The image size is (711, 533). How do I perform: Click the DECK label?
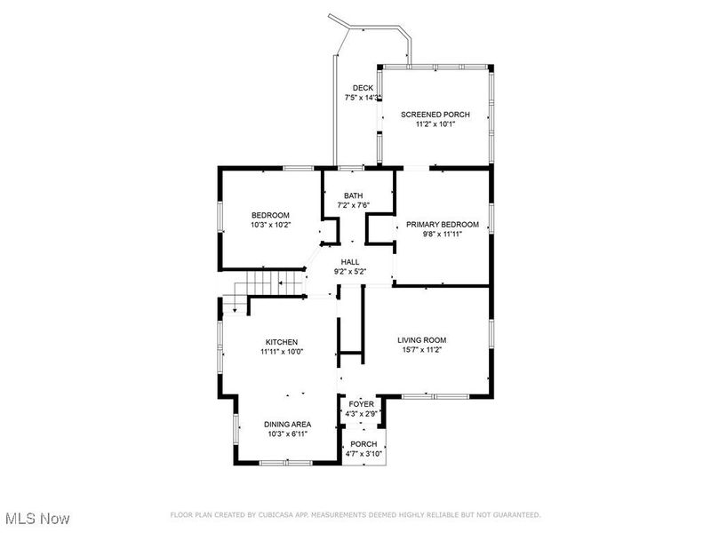coord(362,87)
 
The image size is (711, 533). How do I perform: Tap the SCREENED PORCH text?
coord(435,115)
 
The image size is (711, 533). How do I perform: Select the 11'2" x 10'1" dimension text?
coord(435,124)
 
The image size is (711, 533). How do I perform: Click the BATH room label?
coord(354,195)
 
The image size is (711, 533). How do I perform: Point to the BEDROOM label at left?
coord(270,215)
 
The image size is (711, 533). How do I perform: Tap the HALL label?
coord(350,261)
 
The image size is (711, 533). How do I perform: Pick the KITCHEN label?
coord(281,342)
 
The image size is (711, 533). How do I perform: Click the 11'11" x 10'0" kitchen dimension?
coord(281,352)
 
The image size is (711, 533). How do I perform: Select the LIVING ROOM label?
coord(421,339)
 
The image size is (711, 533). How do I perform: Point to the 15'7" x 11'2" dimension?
coord(421,350)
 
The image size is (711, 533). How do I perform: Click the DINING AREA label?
coord(287,425)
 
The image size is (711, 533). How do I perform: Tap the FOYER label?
coord(361,404)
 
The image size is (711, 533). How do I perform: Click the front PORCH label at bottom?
coord(363,444)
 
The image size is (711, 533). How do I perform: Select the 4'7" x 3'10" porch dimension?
coord(363,454)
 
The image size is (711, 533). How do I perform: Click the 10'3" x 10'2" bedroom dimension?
coord(270,225)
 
